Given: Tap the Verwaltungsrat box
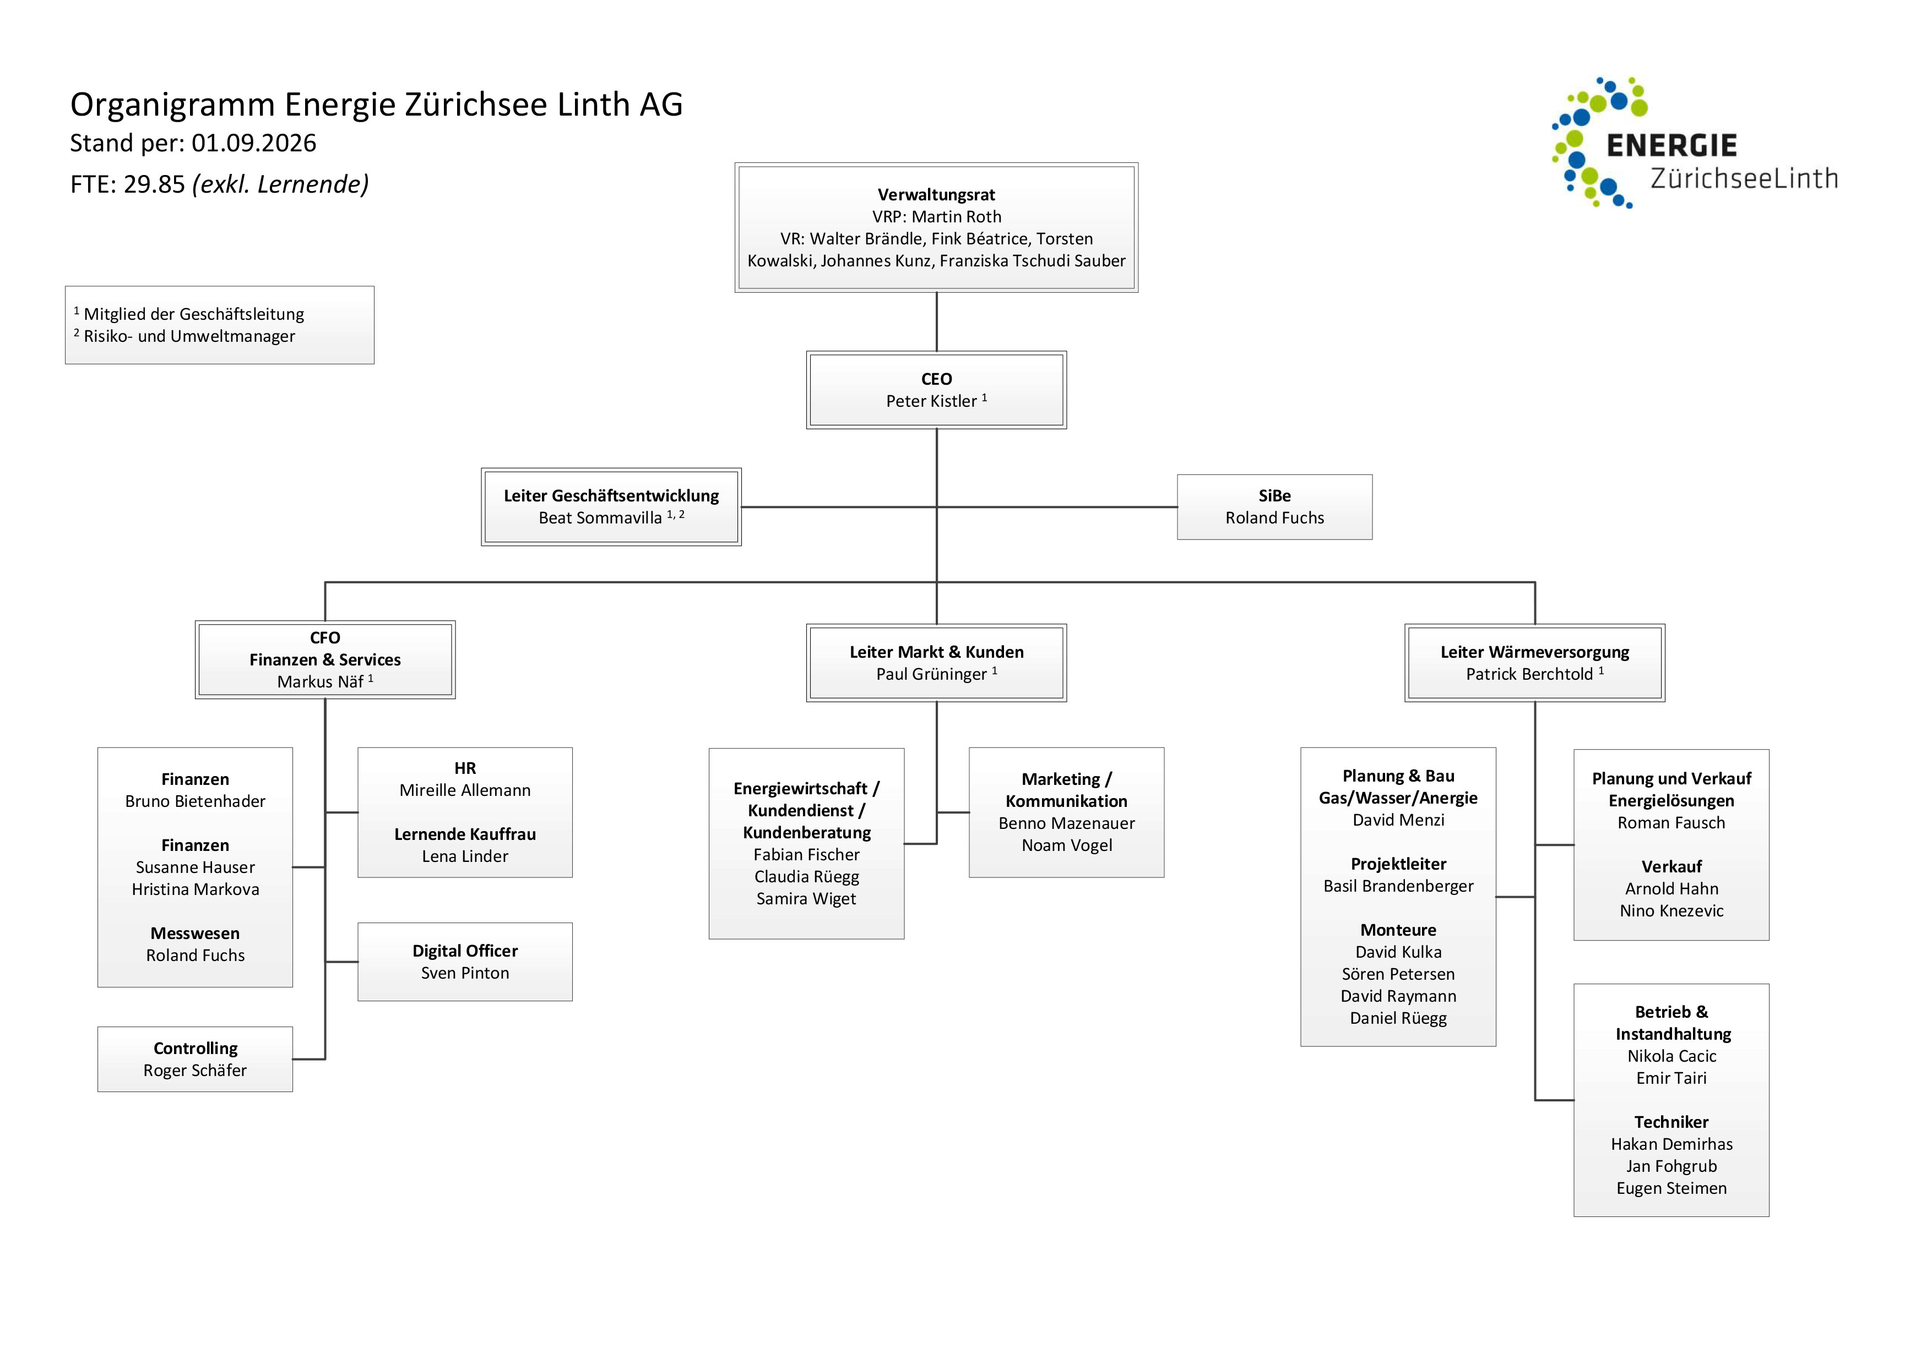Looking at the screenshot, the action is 937,228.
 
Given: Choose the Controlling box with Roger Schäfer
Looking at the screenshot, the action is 195,1059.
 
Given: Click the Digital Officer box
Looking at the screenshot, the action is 465,962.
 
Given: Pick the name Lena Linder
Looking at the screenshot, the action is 465,856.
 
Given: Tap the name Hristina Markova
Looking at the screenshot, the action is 195,889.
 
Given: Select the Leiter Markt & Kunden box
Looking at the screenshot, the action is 937,663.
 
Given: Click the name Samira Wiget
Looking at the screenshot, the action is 806,899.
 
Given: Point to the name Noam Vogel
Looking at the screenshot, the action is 1067,845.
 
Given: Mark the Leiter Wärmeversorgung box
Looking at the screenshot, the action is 1535,663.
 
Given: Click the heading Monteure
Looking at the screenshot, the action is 1398,930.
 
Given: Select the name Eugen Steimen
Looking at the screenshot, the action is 1671,1188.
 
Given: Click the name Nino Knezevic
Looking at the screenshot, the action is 1671,911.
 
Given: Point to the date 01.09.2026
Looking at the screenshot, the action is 254,143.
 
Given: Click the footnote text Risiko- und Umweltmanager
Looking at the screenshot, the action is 189,336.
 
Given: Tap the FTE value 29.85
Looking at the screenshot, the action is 154,184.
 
